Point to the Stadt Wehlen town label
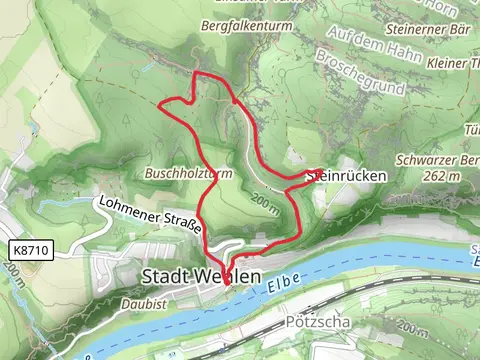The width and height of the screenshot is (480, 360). pos(202,275)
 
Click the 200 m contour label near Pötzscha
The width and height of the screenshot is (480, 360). pos(411,329)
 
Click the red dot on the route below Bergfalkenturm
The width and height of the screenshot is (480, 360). pos(234,101)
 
